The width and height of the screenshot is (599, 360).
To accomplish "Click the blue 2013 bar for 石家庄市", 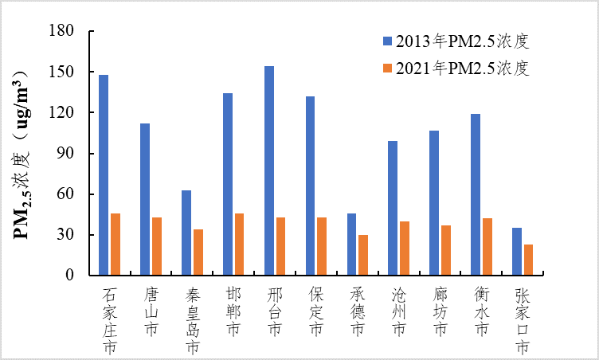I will (104, 175).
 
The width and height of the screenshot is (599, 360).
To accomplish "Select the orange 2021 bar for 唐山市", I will (157, 246).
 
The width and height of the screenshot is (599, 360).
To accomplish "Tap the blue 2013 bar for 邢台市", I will (269, 171).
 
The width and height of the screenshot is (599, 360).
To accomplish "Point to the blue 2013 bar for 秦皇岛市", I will (186, 233).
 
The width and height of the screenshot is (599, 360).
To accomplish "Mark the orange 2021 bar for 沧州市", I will (405, 248).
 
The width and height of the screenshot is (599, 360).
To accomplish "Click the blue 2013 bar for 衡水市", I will (476, 195).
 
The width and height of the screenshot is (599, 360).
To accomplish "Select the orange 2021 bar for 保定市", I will (322, 246).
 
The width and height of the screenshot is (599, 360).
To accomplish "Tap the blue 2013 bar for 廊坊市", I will (434, 203).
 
